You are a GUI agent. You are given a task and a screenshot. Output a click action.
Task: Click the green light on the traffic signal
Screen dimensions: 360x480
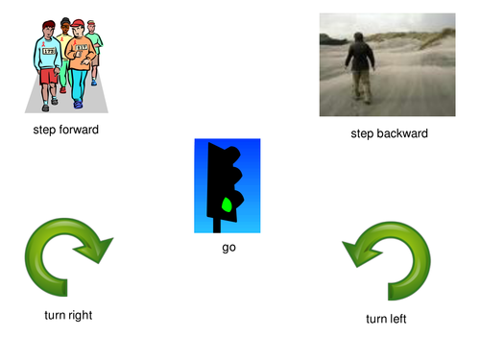[x=228, y=204]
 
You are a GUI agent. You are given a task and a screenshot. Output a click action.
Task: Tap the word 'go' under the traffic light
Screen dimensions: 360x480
[x=228, y=247]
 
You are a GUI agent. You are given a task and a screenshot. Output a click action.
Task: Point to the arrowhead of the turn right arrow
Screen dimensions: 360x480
[x=97, y=252]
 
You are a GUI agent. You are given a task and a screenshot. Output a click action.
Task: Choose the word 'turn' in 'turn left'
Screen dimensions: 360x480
[x=376, y=318]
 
